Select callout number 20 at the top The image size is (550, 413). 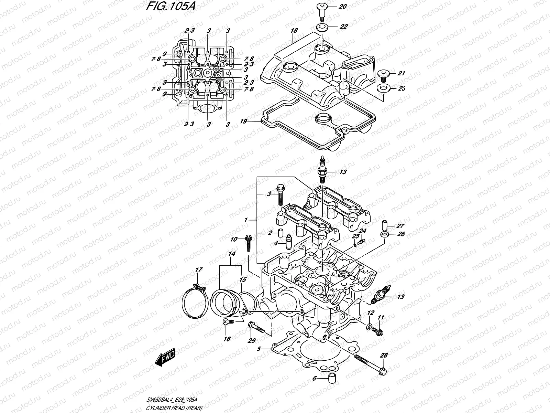point(343,7)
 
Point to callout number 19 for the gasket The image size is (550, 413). point(244,121)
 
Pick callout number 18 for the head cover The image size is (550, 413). point(294,31)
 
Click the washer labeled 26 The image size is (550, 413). point(385,234)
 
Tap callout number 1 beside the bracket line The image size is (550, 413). point(246,220)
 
